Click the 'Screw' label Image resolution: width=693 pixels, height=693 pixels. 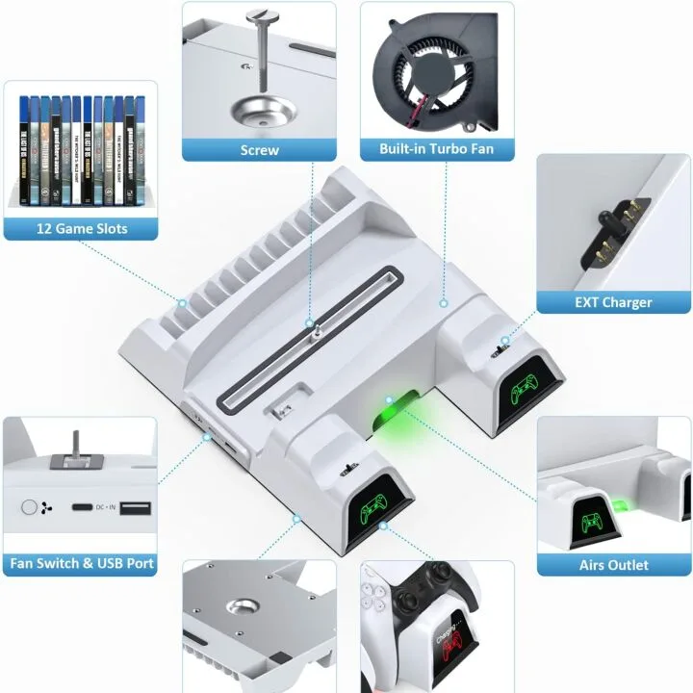pos(259,149)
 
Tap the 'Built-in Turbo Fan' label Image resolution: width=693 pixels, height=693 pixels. pos(438,149)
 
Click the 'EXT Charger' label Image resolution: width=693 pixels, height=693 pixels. pos(613,301)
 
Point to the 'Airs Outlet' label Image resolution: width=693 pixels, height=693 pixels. pos(613,564)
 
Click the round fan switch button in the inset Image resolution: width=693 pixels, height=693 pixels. pos(31,506)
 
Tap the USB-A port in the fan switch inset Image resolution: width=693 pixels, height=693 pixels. pos(134,507)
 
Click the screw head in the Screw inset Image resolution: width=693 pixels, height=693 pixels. pos(259,15)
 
